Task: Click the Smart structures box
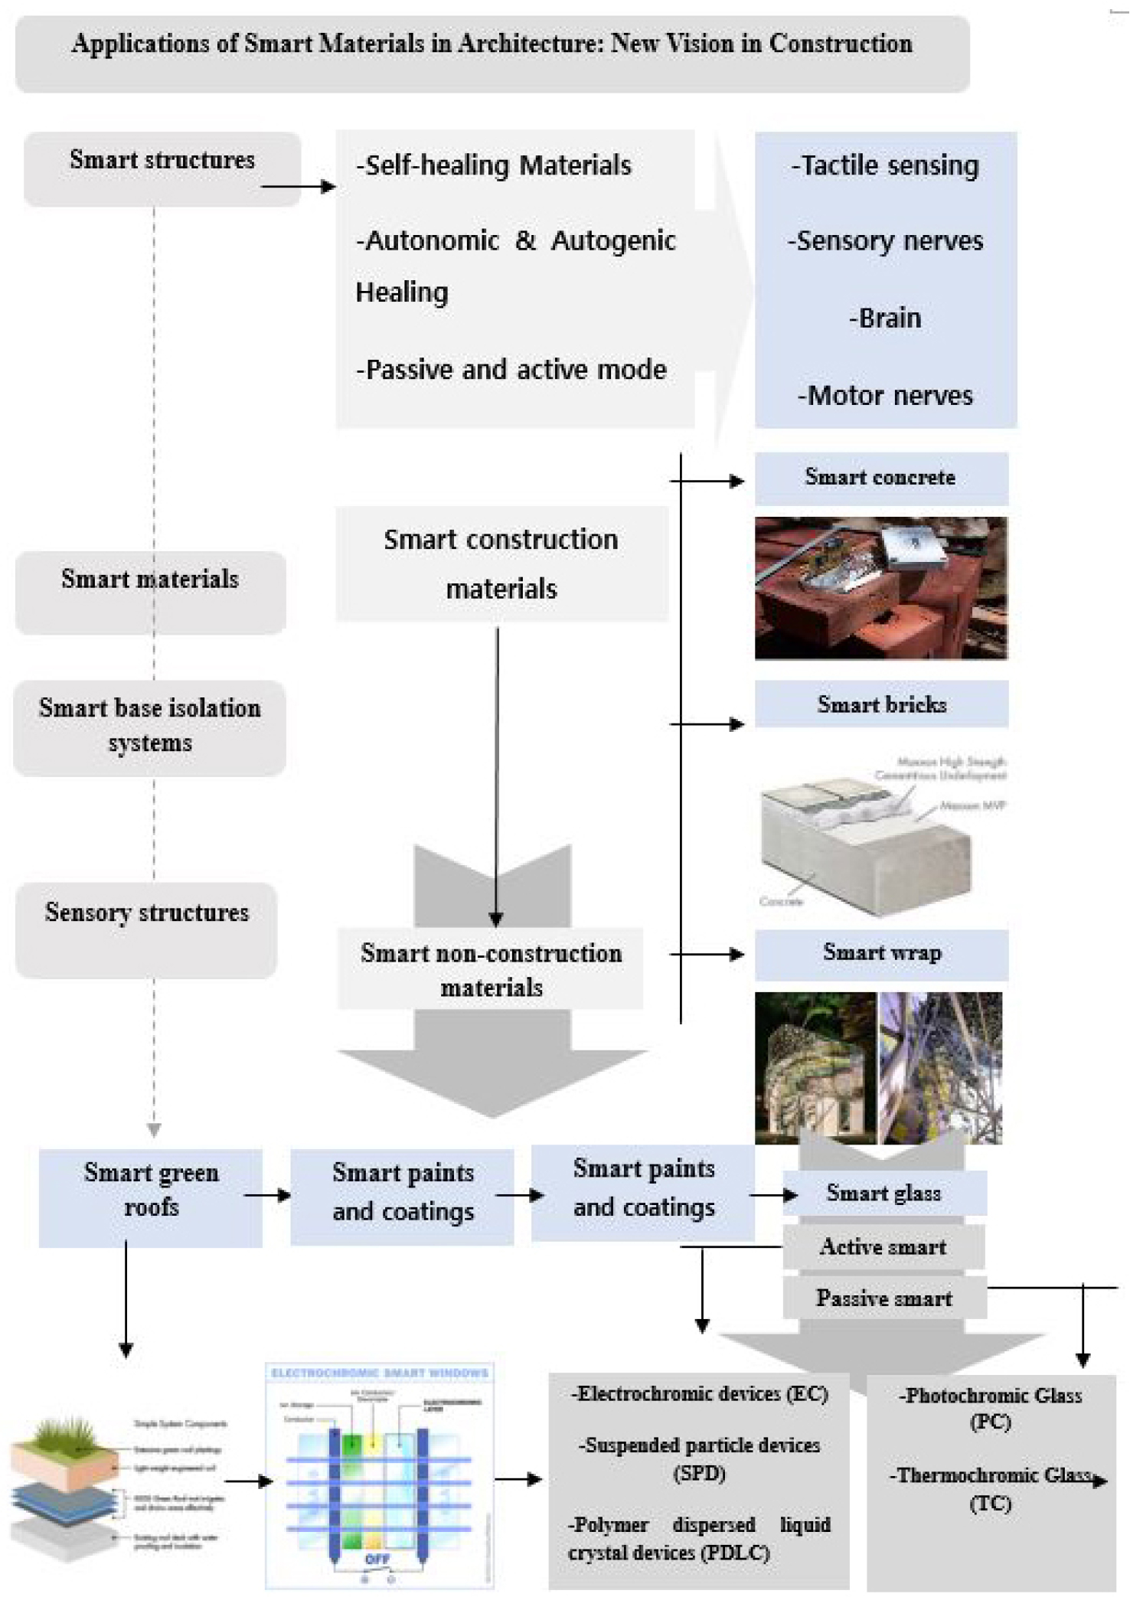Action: click(162, 168)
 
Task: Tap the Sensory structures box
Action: click(146, 928)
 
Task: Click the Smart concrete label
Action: click(880, 478)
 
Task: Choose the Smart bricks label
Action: click(881, 704)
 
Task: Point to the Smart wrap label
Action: click(881, 953)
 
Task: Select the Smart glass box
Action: click(883, 1193)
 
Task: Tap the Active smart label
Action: click(883, 1246)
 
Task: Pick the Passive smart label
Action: click(883, 1298)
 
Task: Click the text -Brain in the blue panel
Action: click(885, 318)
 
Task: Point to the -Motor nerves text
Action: click(885, 395)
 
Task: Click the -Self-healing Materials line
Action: click(495, 165)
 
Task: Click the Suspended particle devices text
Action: click(699, 1445)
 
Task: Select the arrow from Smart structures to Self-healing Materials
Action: click(298, 186)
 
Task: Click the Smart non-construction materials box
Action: click(491, 969)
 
